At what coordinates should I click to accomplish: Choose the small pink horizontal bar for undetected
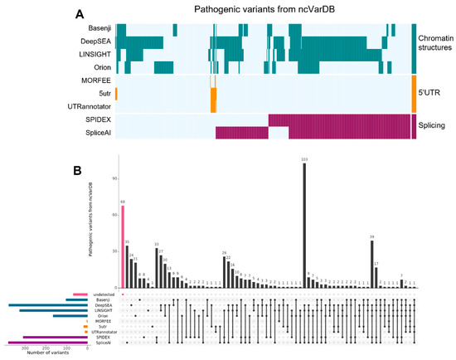tap(80, 294)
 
